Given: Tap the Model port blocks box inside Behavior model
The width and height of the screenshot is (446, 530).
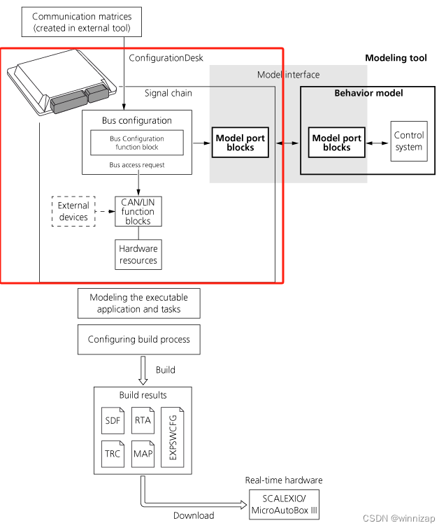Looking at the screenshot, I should [x=337, y=143].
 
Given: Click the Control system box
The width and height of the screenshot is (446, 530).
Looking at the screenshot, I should [x=408, y=141].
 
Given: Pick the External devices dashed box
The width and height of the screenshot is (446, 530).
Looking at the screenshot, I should [x=73, y=211].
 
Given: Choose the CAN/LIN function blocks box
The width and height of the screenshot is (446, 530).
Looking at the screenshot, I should [x=138, y=211].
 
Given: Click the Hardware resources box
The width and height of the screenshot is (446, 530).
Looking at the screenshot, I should [x=138, y=255].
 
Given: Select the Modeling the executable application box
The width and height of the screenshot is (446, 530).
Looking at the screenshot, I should [x=138, y=303].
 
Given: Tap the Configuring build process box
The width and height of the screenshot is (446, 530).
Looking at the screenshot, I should [x=138, y=340].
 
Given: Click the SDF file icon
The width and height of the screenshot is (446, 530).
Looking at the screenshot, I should [x=113, y=420].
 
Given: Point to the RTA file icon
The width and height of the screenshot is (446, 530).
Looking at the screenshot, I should [x=143, y=420].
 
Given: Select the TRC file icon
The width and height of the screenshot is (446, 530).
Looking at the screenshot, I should [x=113, y=453].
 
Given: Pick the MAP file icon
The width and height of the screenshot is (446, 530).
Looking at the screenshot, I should [x=143, y=453].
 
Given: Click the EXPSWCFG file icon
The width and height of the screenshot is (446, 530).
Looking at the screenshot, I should [x=173, y=436].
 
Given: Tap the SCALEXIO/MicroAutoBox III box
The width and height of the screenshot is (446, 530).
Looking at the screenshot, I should [x=284, y=506].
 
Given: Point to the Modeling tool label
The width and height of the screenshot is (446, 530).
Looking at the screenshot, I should [x=396, y=58].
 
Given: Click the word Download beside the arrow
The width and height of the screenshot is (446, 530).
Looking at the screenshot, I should [x=194, y=515].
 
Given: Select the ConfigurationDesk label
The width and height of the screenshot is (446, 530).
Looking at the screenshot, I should [x=166, y=58].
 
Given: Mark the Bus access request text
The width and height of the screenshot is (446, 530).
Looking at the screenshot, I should [x=138, y=165].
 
